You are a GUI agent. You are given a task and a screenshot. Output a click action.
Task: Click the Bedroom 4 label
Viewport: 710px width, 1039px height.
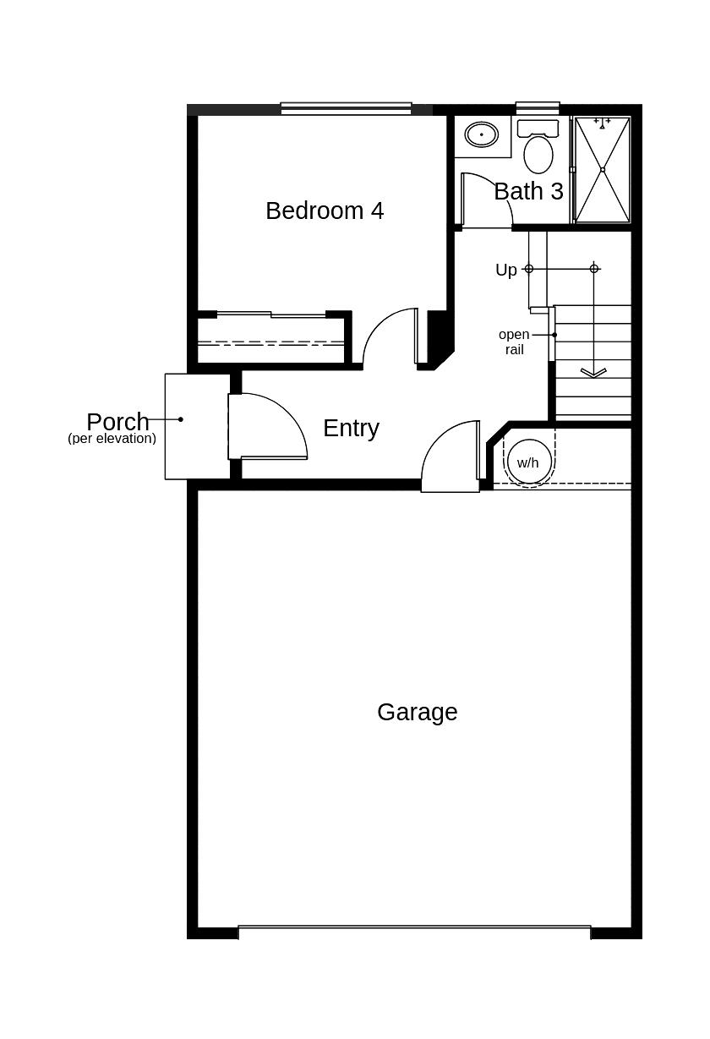pos(325,211)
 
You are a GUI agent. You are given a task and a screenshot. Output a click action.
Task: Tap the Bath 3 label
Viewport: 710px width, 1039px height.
pos(528,191)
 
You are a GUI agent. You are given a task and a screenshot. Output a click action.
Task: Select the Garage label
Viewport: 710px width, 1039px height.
pos(417,712)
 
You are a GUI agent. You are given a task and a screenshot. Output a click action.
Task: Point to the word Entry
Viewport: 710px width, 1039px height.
pos(351,428)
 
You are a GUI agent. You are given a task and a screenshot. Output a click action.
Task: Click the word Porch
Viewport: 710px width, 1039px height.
pos(117,421)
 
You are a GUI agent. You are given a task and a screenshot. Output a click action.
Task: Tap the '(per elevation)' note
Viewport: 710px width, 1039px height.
pos(112,439)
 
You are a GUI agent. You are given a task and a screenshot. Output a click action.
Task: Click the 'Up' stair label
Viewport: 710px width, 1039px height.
pos(506,270)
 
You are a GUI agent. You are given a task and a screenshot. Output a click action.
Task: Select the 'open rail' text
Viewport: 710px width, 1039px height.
pos(514,342)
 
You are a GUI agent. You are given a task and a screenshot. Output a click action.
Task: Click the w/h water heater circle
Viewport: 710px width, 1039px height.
pos(527,462)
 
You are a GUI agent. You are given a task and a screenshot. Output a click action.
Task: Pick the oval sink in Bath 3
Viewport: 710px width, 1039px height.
pos(482,134)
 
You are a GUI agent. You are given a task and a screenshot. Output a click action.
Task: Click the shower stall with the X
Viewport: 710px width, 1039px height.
pos(602,170)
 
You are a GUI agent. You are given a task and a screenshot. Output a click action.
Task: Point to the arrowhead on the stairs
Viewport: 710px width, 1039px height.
pos(593,372)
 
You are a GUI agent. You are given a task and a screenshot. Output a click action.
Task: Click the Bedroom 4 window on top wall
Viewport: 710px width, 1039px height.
pos(346,108)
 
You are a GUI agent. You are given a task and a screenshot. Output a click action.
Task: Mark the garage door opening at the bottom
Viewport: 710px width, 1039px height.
pos(414,932)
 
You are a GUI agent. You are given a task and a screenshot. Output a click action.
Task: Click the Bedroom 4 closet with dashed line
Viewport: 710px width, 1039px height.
pos(270,341)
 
